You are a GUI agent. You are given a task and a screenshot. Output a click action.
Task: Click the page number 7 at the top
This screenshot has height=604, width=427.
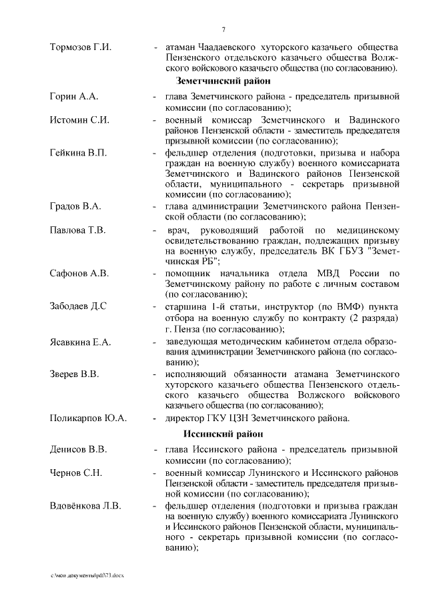coord(224,29)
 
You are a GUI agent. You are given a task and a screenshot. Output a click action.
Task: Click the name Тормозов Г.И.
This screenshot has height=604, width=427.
coord(80,47)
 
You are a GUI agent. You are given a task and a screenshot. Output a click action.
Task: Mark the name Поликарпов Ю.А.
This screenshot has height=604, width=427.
coord(88,418)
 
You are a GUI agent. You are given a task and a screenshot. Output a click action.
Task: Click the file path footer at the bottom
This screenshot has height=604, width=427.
coord(87,574)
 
